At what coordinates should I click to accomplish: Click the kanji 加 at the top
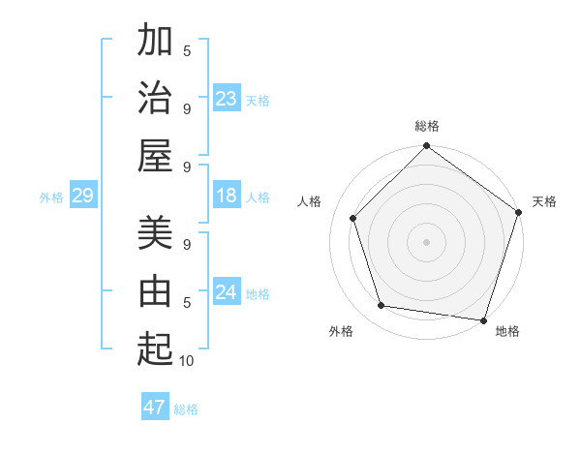coord(155,41)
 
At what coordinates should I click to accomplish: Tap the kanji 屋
coord(155,155)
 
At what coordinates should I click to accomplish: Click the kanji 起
coord(155,349)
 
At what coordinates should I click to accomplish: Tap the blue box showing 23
coord(227,99)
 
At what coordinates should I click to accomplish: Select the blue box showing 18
coord(227,197)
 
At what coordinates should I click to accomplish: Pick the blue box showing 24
coord(227,293)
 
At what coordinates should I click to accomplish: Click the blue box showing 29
coord(82,197)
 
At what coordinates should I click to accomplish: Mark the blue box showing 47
coord(155,408)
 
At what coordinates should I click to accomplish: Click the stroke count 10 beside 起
coord(187,361)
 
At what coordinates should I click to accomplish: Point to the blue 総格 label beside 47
coord(186,409)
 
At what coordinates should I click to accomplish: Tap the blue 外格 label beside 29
coord(51,197)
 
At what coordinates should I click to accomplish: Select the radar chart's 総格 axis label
coord(427,126)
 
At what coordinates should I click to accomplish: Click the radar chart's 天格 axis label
coord(544,201)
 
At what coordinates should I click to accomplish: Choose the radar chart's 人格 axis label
coord(310,201)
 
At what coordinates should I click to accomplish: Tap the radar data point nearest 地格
coord(483,318)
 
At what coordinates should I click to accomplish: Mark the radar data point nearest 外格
coord(382,306)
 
